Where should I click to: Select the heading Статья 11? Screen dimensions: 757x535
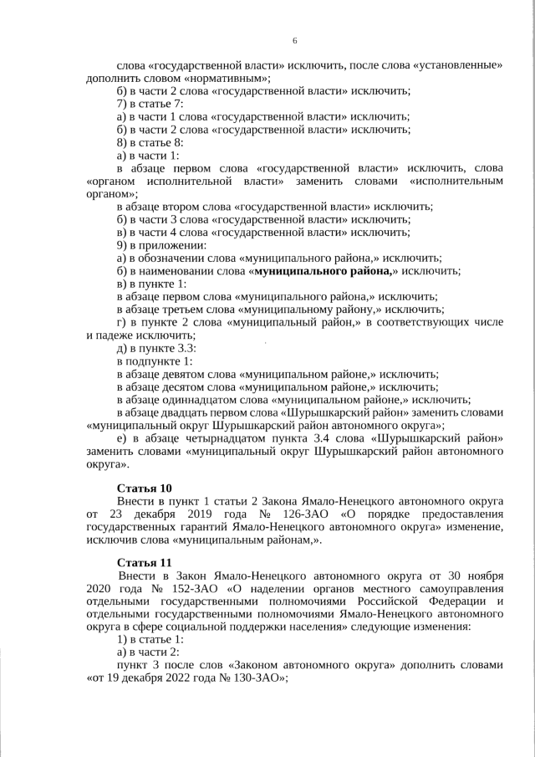pos(145,562)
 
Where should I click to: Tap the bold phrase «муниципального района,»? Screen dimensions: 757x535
pos(324,271)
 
